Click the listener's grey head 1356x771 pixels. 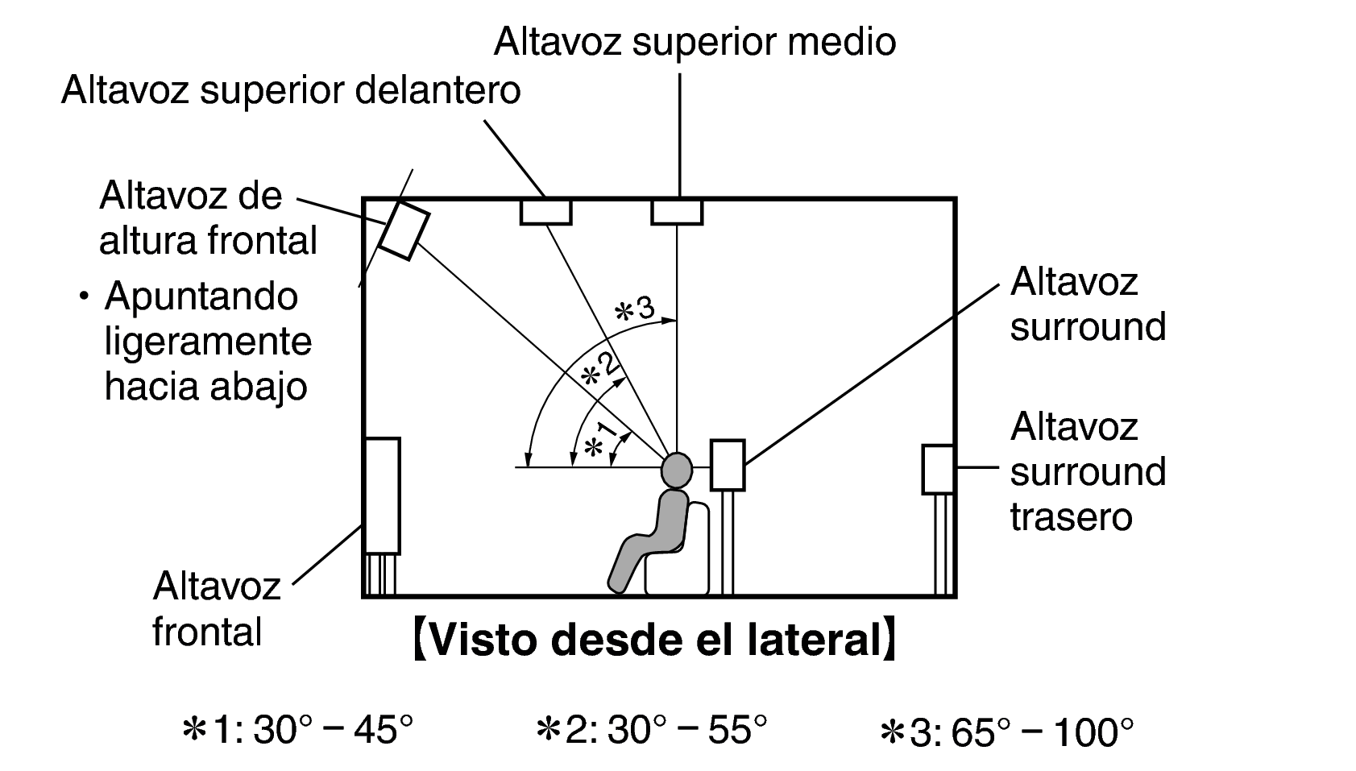677,468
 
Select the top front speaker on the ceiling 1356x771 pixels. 545,212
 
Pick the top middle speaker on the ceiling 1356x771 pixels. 677,212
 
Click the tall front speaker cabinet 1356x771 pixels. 382,495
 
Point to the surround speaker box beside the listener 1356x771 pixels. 728,465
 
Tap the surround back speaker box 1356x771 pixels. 939,469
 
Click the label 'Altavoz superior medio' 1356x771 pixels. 695,42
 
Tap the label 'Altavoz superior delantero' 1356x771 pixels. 291,90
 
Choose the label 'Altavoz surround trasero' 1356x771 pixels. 1087,471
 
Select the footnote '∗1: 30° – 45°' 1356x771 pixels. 298,732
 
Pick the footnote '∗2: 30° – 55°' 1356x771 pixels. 651,732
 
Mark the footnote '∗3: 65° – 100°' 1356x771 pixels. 1007,733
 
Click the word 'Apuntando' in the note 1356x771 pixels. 201,296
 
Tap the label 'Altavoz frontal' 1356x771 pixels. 216,608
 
